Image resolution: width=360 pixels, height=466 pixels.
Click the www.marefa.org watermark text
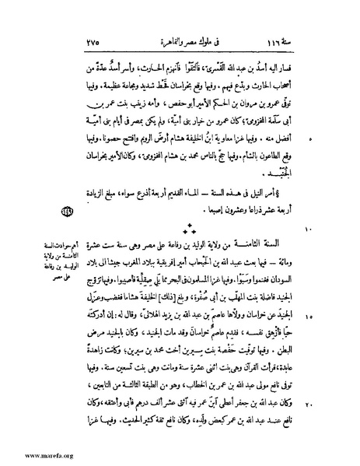30,454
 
